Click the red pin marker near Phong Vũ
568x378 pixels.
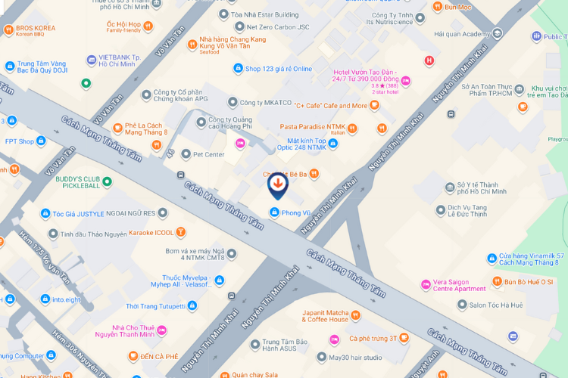(x=278, y=184)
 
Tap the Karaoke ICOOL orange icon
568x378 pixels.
(x=181, y=232)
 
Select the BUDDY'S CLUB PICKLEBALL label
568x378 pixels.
(x=78, y=181)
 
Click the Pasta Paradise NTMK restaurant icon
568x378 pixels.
(x=382, y=129)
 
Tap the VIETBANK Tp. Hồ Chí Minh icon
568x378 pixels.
(x=92, y=58)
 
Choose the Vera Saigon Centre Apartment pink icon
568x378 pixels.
(x=425, y=284)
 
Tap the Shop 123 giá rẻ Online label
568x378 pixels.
(x=278, y=69)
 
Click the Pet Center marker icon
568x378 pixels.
(x=186, y=154)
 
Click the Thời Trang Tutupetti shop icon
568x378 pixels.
(x=192, y=306)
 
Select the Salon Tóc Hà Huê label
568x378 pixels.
(x=495, y=305)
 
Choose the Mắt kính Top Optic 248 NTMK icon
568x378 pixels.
(x=333, y=141)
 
